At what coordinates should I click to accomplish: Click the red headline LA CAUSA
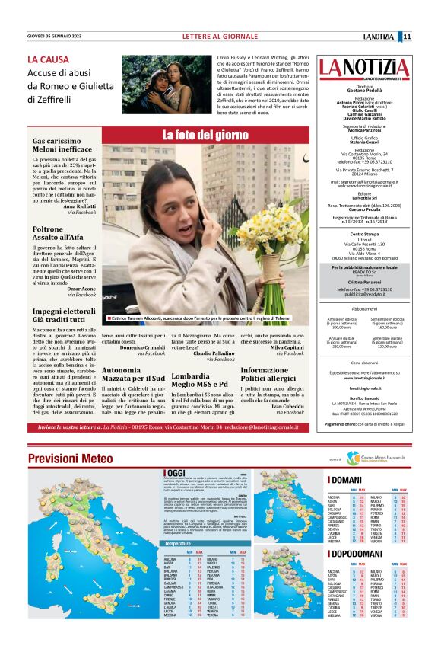[x=49, y=59]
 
